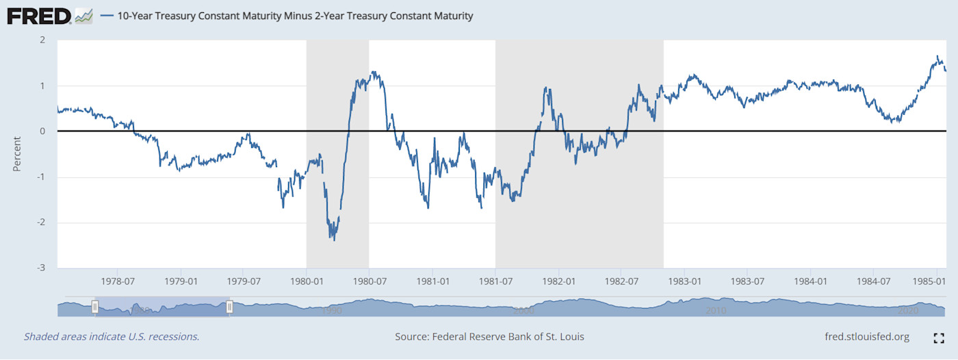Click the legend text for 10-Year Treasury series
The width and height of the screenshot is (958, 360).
pyautogui.click(x=294, y=15)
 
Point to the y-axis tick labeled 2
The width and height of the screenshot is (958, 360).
pyautogui.click(x=42, y=40)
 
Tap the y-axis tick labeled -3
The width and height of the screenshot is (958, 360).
pyautogui.click(x=41, y=268)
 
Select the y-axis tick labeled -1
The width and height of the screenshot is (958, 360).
pyautogui.click(x=41, y=177)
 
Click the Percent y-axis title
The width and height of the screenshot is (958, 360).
pyautogui.click(x=18, y=154)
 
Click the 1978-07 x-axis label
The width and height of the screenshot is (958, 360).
pyautogui.click(x=117, y=281)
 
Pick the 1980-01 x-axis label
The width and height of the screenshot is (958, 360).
pyautogui.click(x=306, y=281)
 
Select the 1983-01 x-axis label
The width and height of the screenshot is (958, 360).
pyautogui.click(x=684, y=281)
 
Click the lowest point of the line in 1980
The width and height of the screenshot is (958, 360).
pyautogui.click(x=334, y=240)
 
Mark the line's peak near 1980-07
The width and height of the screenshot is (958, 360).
pyautogui.click(x=373, y=71)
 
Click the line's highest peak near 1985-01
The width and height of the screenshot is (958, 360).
pyautogui.click(x=937, y=56)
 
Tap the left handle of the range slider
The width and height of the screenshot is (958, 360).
pyautogui.click(x=95, y=307)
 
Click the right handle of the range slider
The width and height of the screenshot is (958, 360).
pyautogui.click(x=230, y=307)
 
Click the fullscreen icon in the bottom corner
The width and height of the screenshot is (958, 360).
pyautogui.click(x=939, y=337)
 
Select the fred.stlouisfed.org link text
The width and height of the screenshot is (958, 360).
pyautogui.click(x=868, y=337)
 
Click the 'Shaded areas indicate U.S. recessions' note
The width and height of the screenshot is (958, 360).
pyautogui.click(x=112, y=337)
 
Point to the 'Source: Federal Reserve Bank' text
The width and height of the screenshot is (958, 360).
pyautogui.click(x=489, y=337)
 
